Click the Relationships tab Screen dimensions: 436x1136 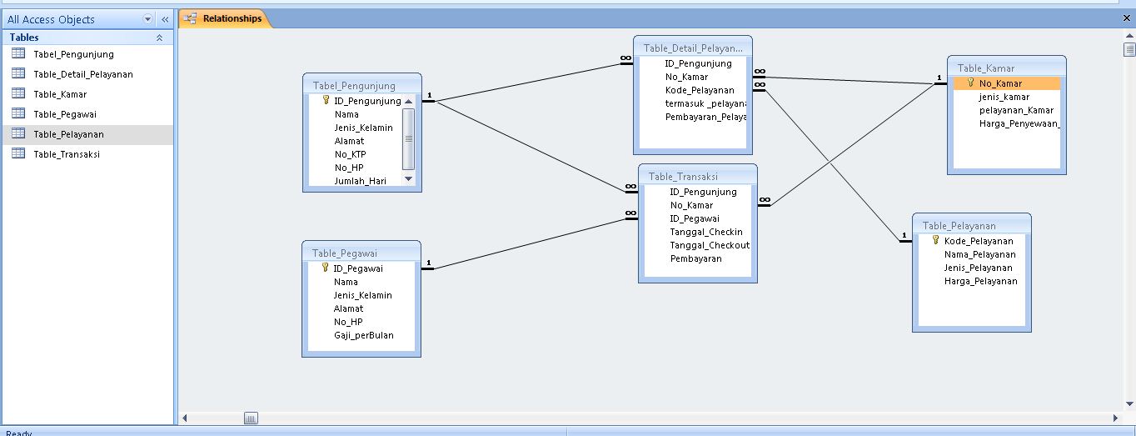pos(232,18)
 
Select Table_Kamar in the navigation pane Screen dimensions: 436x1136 pos(60,94)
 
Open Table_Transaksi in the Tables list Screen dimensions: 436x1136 pos(67,154)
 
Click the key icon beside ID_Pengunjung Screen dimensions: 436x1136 pos(326,100)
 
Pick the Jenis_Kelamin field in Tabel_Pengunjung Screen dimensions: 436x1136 pos(363,128)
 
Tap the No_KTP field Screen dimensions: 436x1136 pos(350,154)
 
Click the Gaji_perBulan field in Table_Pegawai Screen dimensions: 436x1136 pos(363,335)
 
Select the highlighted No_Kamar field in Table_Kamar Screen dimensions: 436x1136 pos(1000,83)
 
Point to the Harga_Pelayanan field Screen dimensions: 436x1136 pos(980,281)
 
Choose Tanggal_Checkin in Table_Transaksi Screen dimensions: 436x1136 pos(705,232)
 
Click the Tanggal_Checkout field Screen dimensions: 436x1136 pos(709,245)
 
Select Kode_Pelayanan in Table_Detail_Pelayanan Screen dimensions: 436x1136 pos(700,90)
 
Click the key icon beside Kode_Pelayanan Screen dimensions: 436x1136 pos(935,240)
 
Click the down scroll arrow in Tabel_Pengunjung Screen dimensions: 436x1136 pos(408,179)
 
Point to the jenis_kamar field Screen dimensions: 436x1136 pos(1004,97)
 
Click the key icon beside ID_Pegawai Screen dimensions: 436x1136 pos(325,268)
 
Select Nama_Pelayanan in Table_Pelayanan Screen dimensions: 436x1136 pos(979,254)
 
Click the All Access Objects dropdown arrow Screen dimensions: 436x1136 pos(148,19)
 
